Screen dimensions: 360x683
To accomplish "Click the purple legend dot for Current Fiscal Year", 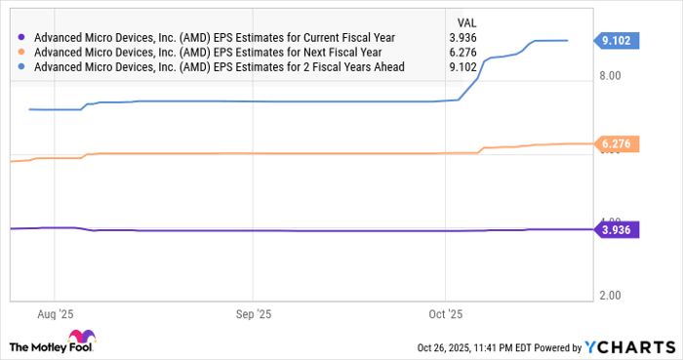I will (22, 37).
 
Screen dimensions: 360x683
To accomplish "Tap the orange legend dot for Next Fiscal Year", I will (22, 52).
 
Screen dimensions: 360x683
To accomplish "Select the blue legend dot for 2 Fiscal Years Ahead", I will (22, 67).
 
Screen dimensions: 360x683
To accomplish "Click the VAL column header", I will (467, 21).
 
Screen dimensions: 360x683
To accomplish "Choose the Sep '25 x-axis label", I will (253, 314).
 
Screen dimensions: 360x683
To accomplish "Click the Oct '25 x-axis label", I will (444, 314).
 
